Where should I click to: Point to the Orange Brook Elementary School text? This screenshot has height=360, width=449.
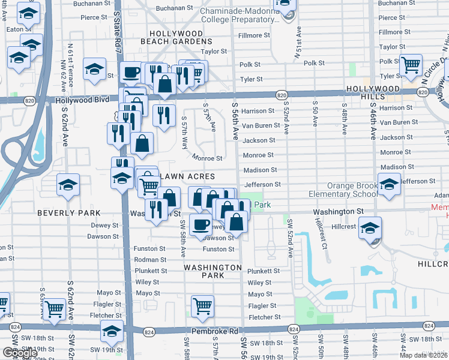[x=352, y=190]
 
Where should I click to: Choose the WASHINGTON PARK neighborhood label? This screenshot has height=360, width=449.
[x=212, y=271]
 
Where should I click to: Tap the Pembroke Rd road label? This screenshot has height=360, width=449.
[x=214, y=331]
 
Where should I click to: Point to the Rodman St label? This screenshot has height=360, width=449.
[x=151, y=260]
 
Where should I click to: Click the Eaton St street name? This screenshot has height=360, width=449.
[x=14, y=29]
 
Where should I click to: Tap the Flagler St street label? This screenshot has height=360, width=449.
[x=260, y=305]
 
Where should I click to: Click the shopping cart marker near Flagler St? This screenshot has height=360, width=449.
[x=203, y=306]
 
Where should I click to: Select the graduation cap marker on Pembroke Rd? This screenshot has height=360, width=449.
[x=112, y=331]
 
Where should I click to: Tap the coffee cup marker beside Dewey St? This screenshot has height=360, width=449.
[x=200, y=224]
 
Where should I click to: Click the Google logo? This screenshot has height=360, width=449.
[x=20, y=353]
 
